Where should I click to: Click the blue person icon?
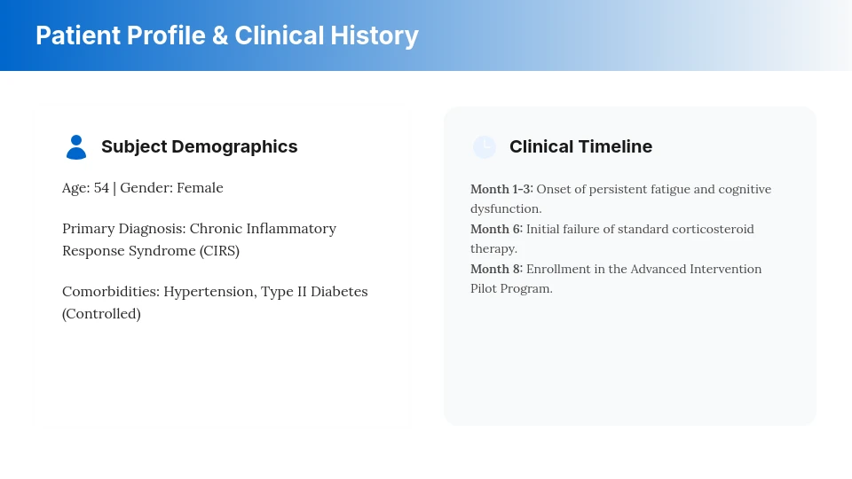click(x=76, y=147)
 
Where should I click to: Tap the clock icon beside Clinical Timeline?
click(x=484, y=147)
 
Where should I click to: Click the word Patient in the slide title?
click(x=76, y=35)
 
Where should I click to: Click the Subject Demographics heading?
click(x=199, y=147)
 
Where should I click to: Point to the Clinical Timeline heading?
click(x=580, y=147)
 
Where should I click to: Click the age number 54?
click(x=101, y=188)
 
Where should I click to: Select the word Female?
click(x=200, y=188)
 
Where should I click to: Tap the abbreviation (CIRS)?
click(x=219, y=251)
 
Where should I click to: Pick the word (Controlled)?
click(x=101, y=314)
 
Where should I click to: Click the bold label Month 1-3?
click(x=501, y=189)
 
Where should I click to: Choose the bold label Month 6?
click(x=496, y=229)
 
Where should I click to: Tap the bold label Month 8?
click(x=496, y=269)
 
